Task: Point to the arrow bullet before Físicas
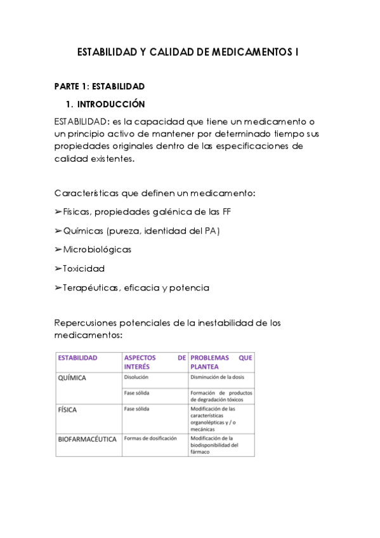(58, 212)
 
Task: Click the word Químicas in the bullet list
(84, 231)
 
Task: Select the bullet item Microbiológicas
(96, 250)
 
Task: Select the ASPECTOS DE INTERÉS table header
(155, 362)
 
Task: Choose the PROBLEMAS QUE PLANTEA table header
(221, 362)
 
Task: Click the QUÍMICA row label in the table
(72, 378)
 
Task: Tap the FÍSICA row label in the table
(67, 410)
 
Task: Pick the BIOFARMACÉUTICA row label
(87, 439)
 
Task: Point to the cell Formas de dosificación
(151, 438)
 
